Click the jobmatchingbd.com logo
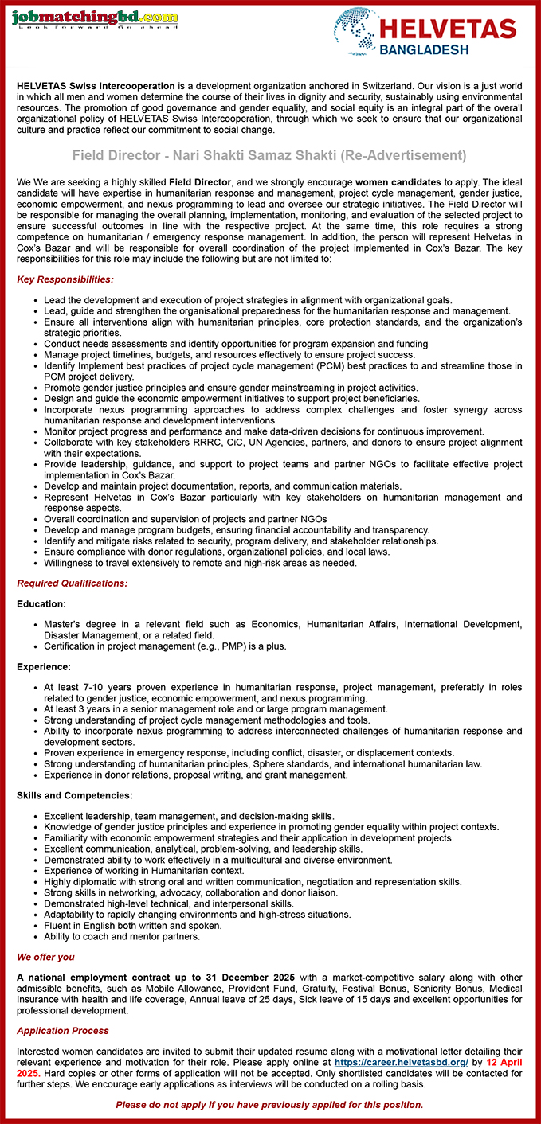click(x=95, y=18)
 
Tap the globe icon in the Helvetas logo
click(x=355, y=31)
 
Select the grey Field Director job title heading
click(x=269, y=155)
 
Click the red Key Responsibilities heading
click(x=65, y=279)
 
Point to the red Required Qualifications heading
click(x=72, y=583)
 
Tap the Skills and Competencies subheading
click(x=75, y=795)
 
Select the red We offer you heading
click(x=45, y=957)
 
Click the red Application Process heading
click(x=62, y=1031)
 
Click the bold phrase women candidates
click(x=398, y=182)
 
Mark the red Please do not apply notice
click(x=269, y=1104)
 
